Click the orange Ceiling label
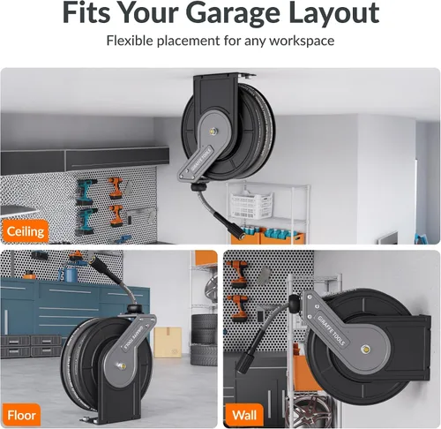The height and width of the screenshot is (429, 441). click(25, 231)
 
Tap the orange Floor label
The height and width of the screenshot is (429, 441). click(21, 415)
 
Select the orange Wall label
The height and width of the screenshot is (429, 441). click(244, 415)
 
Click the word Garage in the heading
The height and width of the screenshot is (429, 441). click(233, 14)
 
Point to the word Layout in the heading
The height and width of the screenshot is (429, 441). click(334, 14)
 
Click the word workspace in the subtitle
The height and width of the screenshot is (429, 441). click(302, 41)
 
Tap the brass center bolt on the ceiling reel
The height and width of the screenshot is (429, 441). click(212, 131)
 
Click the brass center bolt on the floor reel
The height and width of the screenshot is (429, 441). click(122, 366)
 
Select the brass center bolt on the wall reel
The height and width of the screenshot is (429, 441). click(365, 350)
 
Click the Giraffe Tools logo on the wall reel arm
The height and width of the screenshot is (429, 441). click(331, 330)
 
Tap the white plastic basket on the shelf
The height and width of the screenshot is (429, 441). click(251, 205)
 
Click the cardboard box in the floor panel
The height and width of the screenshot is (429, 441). click(168, 342)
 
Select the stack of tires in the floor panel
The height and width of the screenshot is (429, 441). click(204, 340)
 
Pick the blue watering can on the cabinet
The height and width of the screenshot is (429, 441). click(69, 274)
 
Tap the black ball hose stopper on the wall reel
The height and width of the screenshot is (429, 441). click(295, 304)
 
